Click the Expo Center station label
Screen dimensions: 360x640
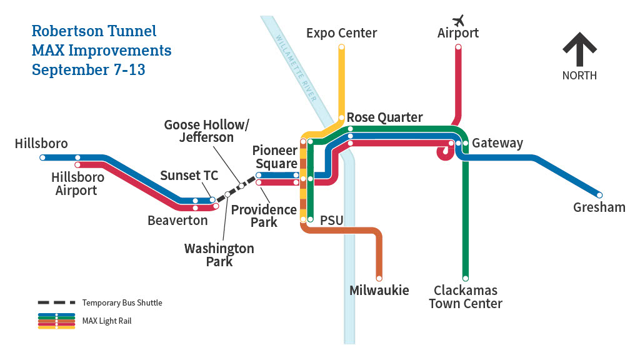(x=341, y=33)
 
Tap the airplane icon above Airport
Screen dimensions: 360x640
(x=459, y=19)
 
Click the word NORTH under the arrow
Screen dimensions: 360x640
(x=579, y=76)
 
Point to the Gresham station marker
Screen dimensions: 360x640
(x=599, y=194)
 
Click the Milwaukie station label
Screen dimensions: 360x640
(x=379, y=290)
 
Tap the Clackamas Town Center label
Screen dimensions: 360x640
(x=466, y=297)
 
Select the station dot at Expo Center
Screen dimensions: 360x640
(x=341, y=47)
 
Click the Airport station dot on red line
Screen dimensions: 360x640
(x=458, y=47)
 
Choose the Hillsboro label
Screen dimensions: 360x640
(x=41, y=144)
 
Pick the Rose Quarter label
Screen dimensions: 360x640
(x=384, y=117)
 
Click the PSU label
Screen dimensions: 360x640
(x=332, y=221)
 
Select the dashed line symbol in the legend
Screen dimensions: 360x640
(x=56, y=302)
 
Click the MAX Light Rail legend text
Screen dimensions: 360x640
(x=107, y=321)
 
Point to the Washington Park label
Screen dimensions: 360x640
(x=219, y=254)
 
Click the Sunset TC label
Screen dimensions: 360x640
(x=189, y=175)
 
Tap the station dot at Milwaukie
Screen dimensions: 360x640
(x=379, y=277)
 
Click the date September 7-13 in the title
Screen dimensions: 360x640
(x=88, y=69)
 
